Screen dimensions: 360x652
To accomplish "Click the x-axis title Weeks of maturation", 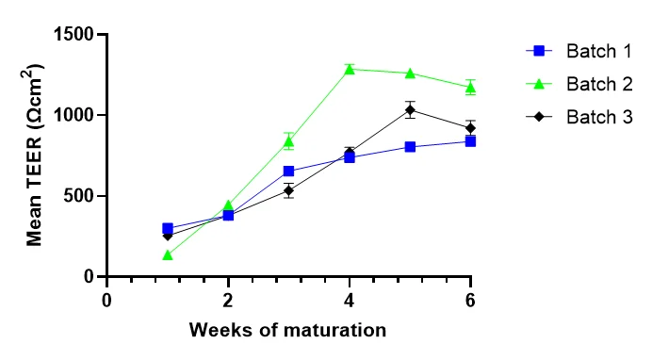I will [x=287, y=330].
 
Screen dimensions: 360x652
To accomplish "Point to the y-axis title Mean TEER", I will [x=35, y=156].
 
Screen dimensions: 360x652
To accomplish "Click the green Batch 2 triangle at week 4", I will [x=350, y=69].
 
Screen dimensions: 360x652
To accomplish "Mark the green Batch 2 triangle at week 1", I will [x=168, y=254].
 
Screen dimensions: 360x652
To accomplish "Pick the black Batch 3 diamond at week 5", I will [x=410, y=109].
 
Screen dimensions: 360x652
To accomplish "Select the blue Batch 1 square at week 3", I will [x=288, y=172].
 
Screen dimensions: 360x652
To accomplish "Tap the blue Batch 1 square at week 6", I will [x=470, y=141].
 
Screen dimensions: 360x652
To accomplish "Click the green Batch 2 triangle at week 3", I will [x=288, y=140].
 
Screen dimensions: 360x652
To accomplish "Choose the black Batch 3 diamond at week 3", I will [x=288, y=190].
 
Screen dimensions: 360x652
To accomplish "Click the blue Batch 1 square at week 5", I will [x=410, y=147].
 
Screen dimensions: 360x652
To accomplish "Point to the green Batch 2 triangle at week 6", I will [x=470, y=87].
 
